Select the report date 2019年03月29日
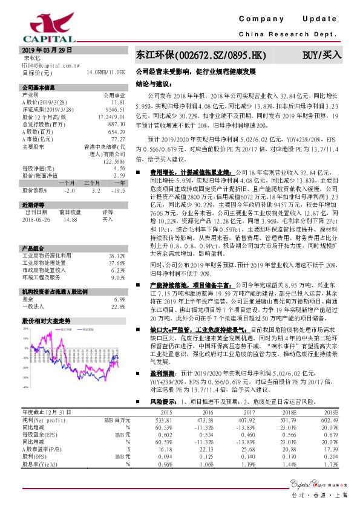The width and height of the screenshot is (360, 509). pyautogui.click(x=47, y=50)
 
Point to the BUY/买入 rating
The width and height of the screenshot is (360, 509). pyautogui.click(x=322, y=55)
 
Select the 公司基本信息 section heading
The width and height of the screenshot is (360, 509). pyautogui.click(x=38, y=88)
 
